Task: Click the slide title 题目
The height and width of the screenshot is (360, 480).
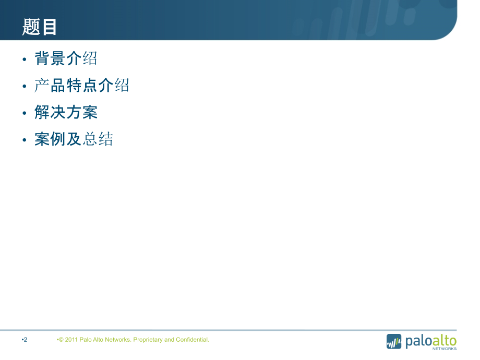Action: (x=40, y=27)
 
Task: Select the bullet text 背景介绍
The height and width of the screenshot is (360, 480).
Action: (x=66, y=58)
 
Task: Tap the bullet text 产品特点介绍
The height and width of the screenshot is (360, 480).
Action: (x=82, y=86)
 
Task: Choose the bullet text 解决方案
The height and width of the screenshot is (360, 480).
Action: (x=66, y=113)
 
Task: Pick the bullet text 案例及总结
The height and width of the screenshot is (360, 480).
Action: (x=74, y=139)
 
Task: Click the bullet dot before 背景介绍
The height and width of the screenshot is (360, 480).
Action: (x=24, y=59)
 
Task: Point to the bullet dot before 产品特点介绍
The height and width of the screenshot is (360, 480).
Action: (x=24, y=87)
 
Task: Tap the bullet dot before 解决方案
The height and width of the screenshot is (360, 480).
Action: (x=24, y=113)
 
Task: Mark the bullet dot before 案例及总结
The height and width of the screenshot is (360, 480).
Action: (x=24, y=140)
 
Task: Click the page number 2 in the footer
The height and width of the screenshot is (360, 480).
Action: (x=25, y=340)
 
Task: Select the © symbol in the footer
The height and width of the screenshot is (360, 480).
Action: (x=61, y=340)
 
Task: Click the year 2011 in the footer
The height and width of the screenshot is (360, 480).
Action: (x=71, y=340)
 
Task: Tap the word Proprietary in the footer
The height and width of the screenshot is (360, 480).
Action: (x=148, y=340)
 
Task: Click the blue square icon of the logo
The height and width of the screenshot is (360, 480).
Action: (x=394, y=341)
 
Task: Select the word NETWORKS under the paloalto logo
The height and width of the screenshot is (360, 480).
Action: (x=445, y=349)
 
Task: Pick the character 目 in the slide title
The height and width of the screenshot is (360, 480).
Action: (x=49, y=27)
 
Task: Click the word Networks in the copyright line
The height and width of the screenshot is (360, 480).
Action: (x=117, y=340)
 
